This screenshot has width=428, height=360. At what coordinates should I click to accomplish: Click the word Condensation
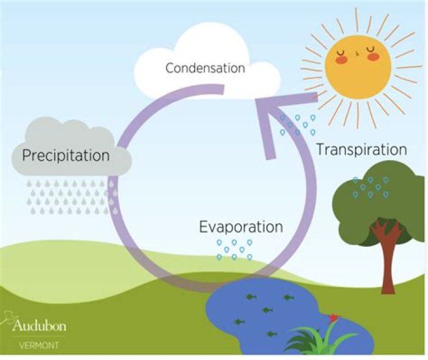tap(205, 68)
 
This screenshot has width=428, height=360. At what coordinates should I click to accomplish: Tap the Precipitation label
tap(66, 156)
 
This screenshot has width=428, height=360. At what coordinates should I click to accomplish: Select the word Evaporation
tap(241, 227)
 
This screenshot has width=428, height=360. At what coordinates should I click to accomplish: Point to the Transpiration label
tap(361, 150)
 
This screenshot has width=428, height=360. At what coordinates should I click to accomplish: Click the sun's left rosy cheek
tap(341, 60)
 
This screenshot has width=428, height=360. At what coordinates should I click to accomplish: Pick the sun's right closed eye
tap(371, 49)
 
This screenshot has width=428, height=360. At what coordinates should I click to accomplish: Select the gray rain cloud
tap(71, 148)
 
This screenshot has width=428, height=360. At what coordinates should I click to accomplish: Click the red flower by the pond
tap(333, 318)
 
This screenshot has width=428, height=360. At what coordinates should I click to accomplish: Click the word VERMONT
tap(39, 346)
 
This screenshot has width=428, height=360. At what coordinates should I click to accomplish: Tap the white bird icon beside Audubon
tap(8, 318)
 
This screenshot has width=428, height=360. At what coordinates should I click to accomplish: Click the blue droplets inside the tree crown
tap(370, 187)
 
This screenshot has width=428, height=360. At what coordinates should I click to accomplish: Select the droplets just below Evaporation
tap(234, 250)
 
